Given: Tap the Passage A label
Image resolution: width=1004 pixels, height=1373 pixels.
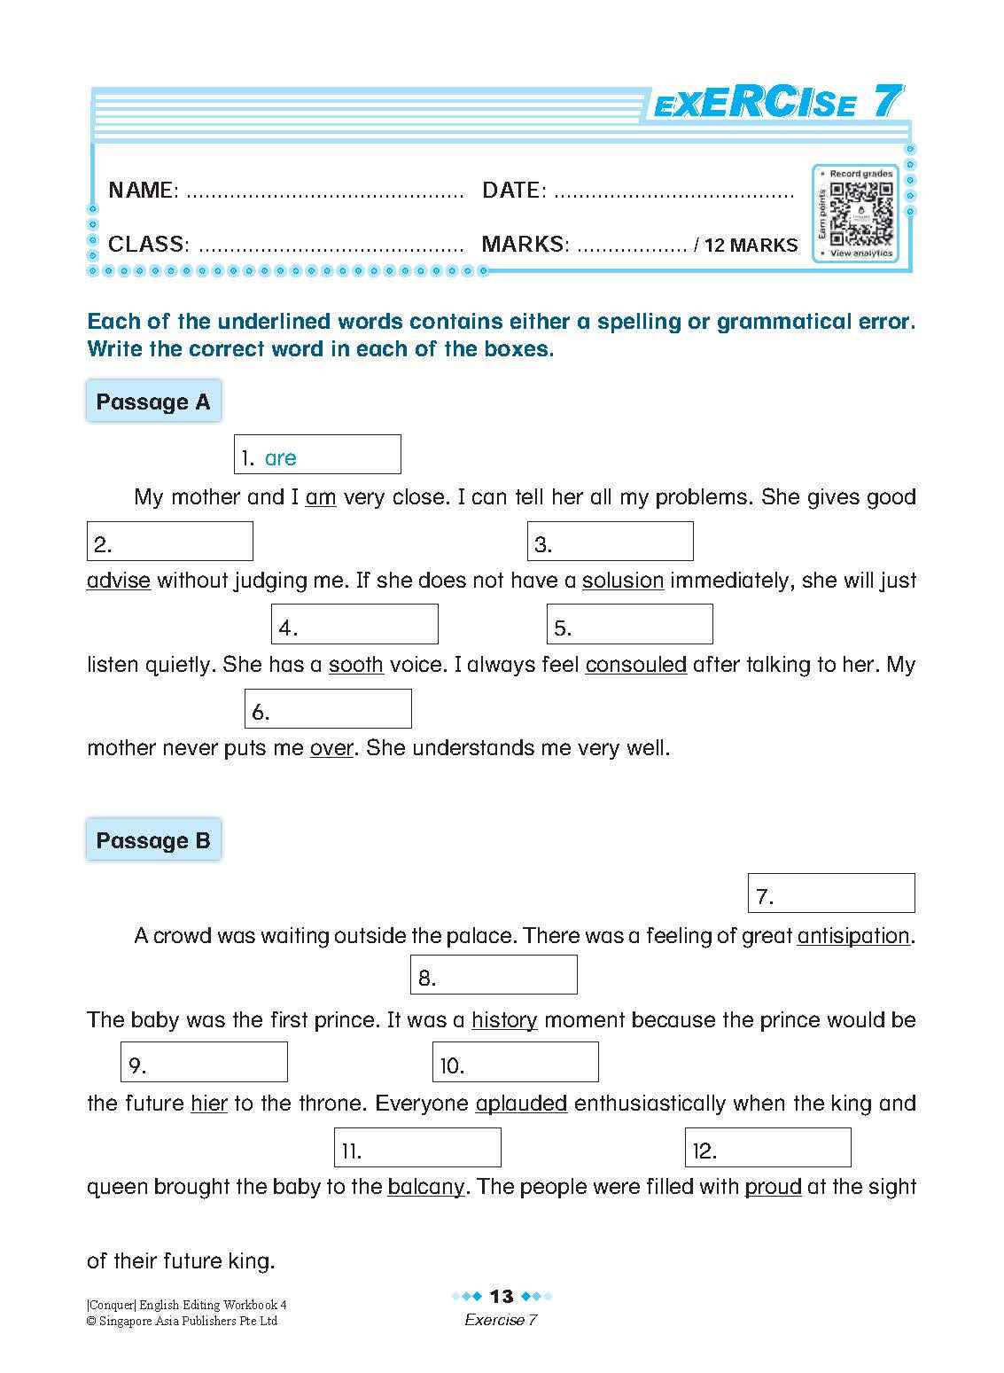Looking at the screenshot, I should pos(153,402).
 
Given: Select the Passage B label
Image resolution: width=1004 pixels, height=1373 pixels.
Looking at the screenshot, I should pos(153,840).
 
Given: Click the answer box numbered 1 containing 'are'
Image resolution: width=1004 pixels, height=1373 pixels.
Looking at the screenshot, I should pos(317,455).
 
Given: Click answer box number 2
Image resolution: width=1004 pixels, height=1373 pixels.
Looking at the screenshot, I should pos(169,542).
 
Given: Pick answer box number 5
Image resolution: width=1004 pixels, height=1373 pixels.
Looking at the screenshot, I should pos(629,625).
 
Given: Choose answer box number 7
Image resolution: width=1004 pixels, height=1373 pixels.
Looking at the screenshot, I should pos(831,893).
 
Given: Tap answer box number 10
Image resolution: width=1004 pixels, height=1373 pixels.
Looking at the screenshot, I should pos(515,1062).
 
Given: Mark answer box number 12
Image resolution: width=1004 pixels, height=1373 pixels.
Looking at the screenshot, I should pos(767,1148).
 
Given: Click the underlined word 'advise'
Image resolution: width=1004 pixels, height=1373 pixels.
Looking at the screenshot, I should pos(119,581).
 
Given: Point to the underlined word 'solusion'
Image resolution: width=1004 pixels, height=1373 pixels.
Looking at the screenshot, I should pos(623,581).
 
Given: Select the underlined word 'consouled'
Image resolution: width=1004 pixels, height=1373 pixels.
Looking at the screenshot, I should pos(636,665).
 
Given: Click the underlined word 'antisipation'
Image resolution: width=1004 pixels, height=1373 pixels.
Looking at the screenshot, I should pos(854,936).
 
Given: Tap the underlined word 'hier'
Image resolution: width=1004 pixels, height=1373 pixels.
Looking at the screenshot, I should pos(209,1104).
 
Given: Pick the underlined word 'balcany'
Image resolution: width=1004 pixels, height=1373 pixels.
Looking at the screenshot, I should pos(426,1187).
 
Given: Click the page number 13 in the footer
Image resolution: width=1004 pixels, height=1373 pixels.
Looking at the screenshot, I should pos(502,1297).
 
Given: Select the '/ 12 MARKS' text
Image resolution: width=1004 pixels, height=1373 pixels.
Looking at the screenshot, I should pos(746,246).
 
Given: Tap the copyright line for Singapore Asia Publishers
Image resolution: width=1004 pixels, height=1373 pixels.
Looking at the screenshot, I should pos(182,1321).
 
